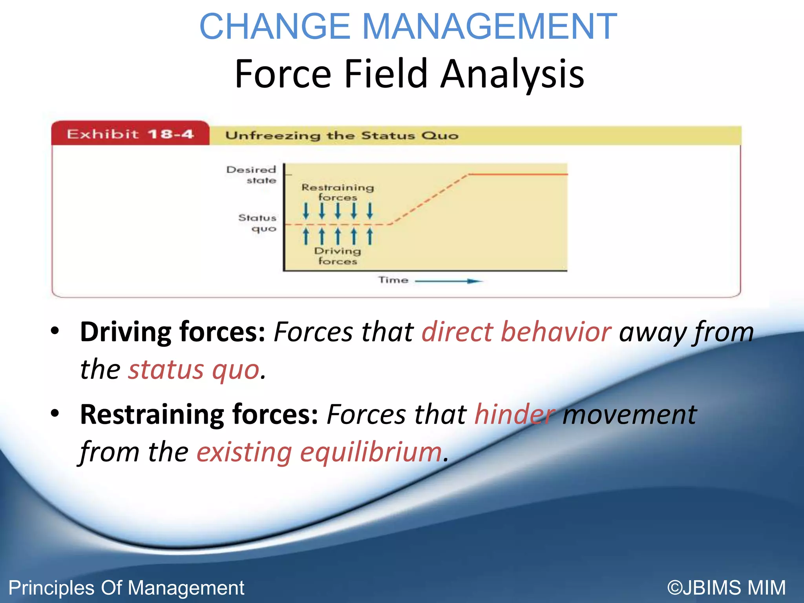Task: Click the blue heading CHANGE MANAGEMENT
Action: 408,27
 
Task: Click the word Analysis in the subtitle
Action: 512,74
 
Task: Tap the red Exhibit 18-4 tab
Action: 130,134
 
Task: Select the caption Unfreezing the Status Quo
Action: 342,136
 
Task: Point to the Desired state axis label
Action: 252,175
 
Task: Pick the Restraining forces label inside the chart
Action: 338,192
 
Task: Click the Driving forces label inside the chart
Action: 338,256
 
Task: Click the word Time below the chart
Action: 393,280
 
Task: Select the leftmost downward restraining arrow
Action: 306,211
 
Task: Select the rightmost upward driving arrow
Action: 369,236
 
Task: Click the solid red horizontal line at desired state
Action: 518,174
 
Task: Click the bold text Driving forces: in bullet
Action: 173,332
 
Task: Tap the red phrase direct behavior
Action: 516,332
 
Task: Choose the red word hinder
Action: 515,415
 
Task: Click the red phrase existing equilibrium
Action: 319,452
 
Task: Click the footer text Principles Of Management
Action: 126,588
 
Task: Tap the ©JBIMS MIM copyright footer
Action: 726,588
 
